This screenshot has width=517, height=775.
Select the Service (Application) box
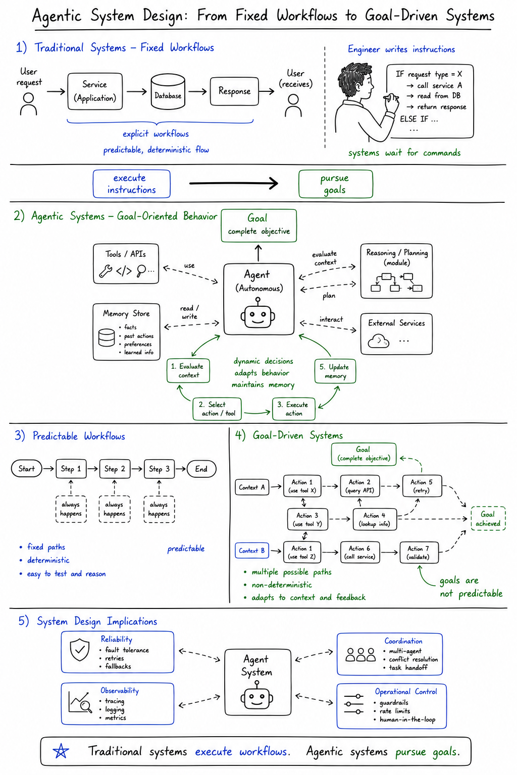[95, 91]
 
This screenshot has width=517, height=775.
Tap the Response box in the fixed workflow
[234, 91]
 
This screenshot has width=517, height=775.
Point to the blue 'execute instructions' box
[132, 184]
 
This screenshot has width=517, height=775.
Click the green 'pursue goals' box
[336, 184]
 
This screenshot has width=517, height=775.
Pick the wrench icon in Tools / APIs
[106, 271]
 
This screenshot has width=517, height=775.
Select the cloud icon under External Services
[378, 341]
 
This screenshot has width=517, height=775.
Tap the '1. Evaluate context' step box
[188, 370]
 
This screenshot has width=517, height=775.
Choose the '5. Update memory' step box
[335, 371]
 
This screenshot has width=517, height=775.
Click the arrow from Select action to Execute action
[257, 412]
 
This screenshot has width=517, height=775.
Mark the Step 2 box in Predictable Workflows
[115, 469]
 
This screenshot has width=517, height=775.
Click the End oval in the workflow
[201, 469]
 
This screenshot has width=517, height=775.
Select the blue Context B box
[252, 550]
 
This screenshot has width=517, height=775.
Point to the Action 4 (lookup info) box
[375, 519]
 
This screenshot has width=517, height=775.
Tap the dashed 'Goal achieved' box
[488, 519]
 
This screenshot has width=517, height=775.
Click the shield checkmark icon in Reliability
[80, 649]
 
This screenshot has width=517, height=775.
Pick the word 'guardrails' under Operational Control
[394, 703]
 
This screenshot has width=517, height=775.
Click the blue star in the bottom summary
[61, 751]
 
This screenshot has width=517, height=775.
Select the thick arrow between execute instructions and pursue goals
[234, 183]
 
